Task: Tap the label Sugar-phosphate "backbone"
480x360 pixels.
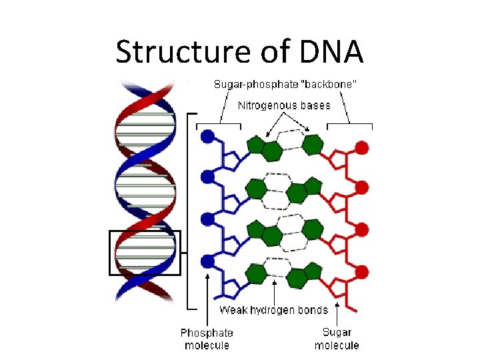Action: (285, 84)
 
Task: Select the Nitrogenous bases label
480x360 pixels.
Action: (284, 105)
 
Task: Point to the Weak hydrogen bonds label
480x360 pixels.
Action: (274, 310)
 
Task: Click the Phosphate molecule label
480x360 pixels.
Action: (207, 339)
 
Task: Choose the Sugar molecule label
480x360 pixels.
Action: (337, 339)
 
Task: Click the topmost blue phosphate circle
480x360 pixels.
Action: (208, 136)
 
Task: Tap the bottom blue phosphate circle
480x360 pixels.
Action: (208, 260)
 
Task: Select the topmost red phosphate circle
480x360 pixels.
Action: (362, 148)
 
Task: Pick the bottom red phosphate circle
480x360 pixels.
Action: (362, 271)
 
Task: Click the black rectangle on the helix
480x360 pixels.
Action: (145, 253)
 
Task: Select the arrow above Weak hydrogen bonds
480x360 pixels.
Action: (275, 291)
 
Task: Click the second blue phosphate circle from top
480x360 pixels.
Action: (208, 177)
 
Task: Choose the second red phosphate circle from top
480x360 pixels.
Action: (362, 189)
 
